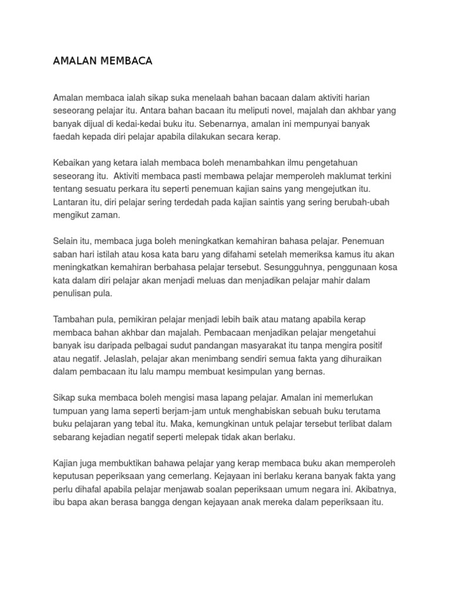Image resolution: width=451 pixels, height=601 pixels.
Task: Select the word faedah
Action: point(67,137)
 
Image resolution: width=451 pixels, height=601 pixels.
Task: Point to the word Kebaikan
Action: point(72,163)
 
